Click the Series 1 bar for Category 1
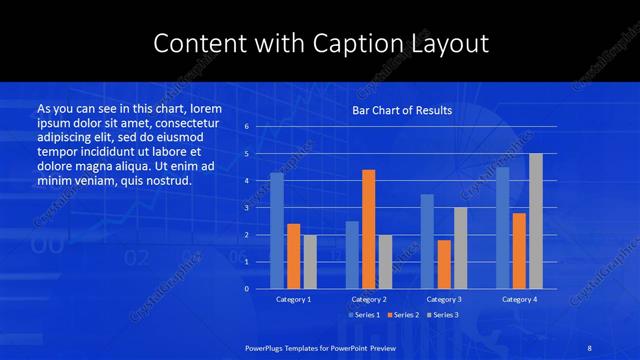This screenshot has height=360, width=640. (x=277, y=231)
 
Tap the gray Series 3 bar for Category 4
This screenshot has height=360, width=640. (x=536, y=221)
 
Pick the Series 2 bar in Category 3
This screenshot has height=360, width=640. (x=444, y=264)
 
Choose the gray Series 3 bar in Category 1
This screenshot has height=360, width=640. (x=310, y=262)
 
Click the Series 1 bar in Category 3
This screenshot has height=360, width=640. (x=427, y=241)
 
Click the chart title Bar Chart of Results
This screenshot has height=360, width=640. (x=402, y=110)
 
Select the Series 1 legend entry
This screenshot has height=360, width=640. (x=363, y=315)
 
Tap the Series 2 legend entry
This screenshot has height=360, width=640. (x=403, y=315)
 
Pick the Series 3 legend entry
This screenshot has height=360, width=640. (x=442, y=315)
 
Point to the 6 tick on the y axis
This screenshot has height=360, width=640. (x=246, y=127)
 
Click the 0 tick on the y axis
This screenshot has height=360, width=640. (x=246, y=289)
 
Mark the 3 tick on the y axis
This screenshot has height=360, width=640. (x=246, y=208)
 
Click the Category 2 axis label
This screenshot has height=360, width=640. (x=369, y=299)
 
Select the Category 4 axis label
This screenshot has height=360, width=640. (x=519, y=299)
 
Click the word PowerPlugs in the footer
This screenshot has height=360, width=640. (x=267, y=346)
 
